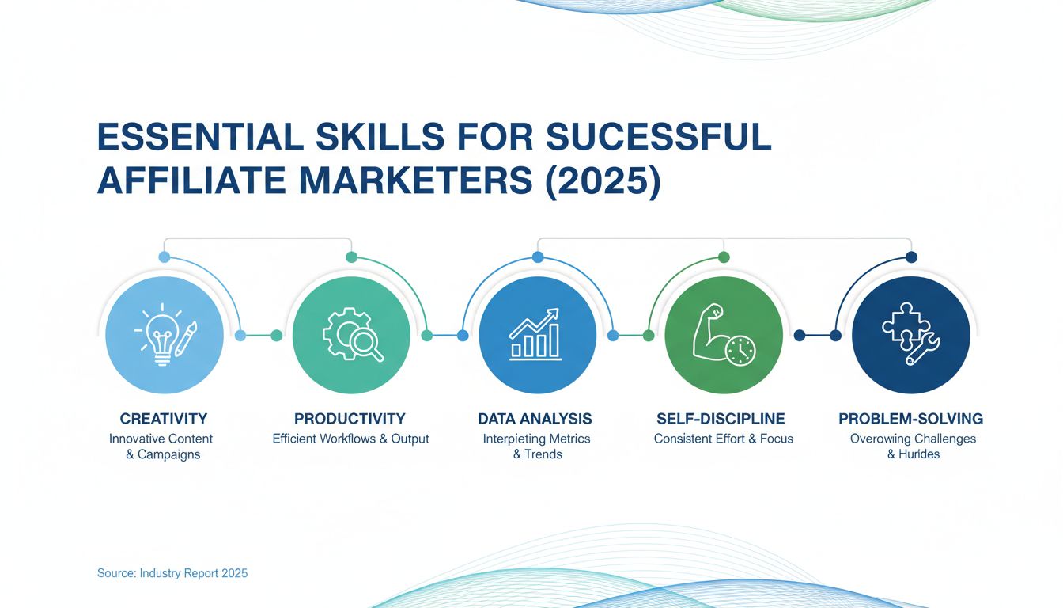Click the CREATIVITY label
164,419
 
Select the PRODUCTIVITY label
350,419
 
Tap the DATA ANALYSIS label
535,419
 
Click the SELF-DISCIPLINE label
721,419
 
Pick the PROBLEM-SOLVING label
911,419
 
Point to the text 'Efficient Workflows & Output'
350,439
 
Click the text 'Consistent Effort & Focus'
723,439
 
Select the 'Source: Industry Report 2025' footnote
172,572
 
